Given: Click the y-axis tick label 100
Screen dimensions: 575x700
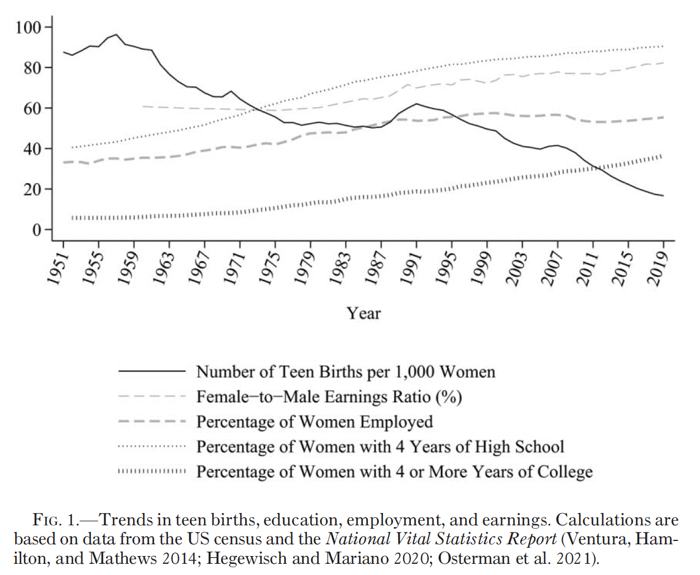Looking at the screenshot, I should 28,27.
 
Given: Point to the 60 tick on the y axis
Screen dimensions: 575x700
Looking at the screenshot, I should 32,108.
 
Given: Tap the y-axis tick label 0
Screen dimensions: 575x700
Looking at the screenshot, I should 37,230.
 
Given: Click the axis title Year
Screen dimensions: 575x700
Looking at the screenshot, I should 363,313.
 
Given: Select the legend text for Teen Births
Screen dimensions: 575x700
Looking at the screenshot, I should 346,372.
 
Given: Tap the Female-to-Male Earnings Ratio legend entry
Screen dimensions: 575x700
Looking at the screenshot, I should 329,397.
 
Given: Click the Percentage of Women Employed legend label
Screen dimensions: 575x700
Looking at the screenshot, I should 314,421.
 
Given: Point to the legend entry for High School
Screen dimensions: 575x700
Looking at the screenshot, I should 380,447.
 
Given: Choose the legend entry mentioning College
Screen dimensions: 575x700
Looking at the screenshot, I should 394,472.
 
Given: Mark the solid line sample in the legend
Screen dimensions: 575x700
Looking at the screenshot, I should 151,371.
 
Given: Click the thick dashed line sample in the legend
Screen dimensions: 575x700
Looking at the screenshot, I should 151,421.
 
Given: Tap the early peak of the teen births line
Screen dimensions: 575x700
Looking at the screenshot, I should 116,35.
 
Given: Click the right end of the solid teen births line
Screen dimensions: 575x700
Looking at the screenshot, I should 663,195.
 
